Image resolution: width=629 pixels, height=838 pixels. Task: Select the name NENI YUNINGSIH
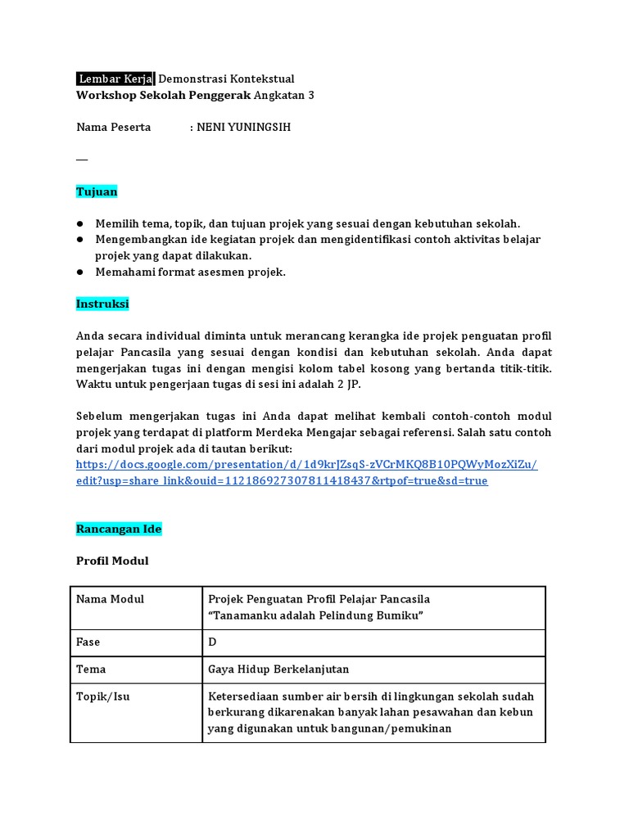[243, 127]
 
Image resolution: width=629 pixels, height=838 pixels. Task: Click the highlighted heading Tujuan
[97, 191]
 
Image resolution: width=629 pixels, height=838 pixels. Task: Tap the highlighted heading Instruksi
[102, 304]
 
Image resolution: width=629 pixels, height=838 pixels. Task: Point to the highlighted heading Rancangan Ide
[119, 529]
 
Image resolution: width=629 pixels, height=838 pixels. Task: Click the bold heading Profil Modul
[112, 561]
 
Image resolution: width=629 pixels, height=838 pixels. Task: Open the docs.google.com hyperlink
[306, 465]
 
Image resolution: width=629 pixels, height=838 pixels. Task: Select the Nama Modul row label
[110, 599]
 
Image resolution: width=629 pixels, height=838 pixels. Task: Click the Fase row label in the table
[88, 642]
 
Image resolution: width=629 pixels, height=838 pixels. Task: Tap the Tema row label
[91, 669]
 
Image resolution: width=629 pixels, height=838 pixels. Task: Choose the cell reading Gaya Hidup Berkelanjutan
[278, 669]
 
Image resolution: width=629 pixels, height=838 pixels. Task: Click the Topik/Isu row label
[102, 696]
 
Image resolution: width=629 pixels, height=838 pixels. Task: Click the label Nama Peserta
[113, 127]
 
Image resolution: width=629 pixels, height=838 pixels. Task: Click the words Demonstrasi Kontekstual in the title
[226, 79]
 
